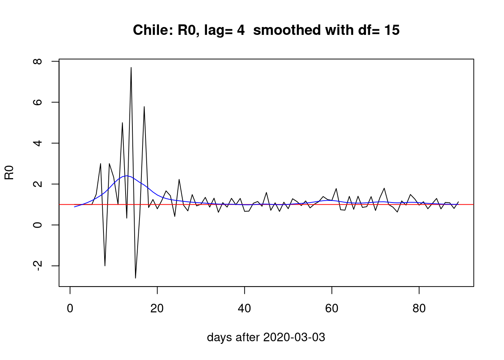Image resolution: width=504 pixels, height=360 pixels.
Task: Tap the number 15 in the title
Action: (391, 30)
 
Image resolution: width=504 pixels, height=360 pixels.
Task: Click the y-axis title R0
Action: (9, 172)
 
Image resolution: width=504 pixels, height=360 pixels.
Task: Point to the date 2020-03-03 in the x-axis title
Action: (294, 337)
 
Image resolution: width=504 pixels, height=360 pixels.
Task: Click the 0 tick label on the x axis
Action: (70, 309)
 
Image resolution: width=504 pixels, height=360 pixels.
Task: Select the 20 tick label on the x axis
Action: (157, 309)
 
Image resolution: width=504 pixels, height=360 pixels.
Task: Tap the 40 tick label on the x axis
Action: (244, 309)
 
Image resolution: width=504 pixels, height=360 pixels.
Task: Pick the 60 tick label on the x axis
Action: (332, 309)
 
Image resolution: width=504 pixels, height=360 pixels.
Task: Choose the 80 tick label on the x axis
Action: (419, 309)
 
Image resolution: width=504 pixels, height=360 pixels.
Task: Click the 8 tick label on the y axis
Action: (38, 61)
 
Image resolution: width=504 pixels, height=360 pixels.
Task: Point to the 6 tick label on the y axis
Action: (38, 102)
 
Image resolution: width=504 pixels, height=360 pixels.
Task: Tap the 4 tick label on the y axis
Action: (38, 143)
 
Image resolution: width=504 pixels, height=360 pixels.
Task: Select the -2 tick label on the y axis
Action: (38, 265)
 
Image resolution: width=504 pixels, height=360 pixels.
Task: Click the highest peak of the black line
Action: (131, 67)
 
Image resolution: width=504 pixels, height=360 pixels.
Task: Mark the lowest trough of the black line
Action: (135, 278)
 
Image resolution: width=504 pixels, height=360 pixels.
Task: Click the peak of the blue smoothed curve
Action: (127, 175)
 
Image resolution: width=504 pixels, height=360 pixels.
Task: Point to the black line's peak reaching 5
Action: (122, 123)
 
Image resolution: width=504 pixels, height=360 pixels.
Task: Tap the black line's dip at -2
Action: (105, 266)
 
